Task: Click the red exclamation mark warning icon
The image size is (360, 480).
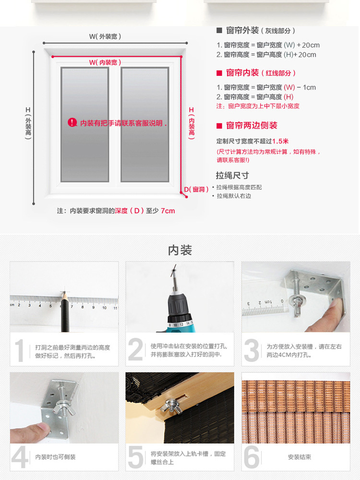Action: [x=72, y=123]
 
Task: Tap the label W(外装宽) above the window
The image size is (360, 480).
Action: [x=105, y=36]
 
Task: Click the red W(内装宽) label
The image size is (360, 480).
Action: [x=105, y=62]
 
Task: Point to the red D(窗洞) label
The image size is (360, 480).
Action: [x=196, y=190]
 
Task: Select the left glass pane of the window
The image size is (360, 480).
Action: [x=85, y=124]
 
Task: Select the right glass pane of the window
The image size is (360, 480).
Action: [x=145, y=124]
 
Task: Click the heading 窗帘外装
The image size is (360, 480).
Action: [x=242, y=30]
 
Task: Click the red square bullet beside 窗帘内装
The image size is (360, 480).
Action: [x=219, y=73]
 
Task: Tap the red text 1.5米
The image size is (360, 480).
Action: [x=280, y=141]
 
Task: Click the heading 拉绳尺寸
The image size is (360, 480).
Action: [x=232, y=175]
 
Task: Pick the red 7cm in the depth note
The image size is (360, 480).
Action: [x=168, y=211]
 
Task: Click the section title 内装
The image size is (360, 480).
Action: [x=180, y=250]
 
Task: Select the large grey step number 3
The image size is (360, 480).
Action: [x=252, y=350]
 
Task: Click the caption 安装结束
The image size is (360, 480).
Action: [x=300, y=457]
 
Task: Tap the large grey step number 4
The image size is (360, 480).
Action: [x=20, y=457]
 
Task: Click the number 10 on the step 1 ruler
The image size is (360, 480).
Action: [x=104, y=308]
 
